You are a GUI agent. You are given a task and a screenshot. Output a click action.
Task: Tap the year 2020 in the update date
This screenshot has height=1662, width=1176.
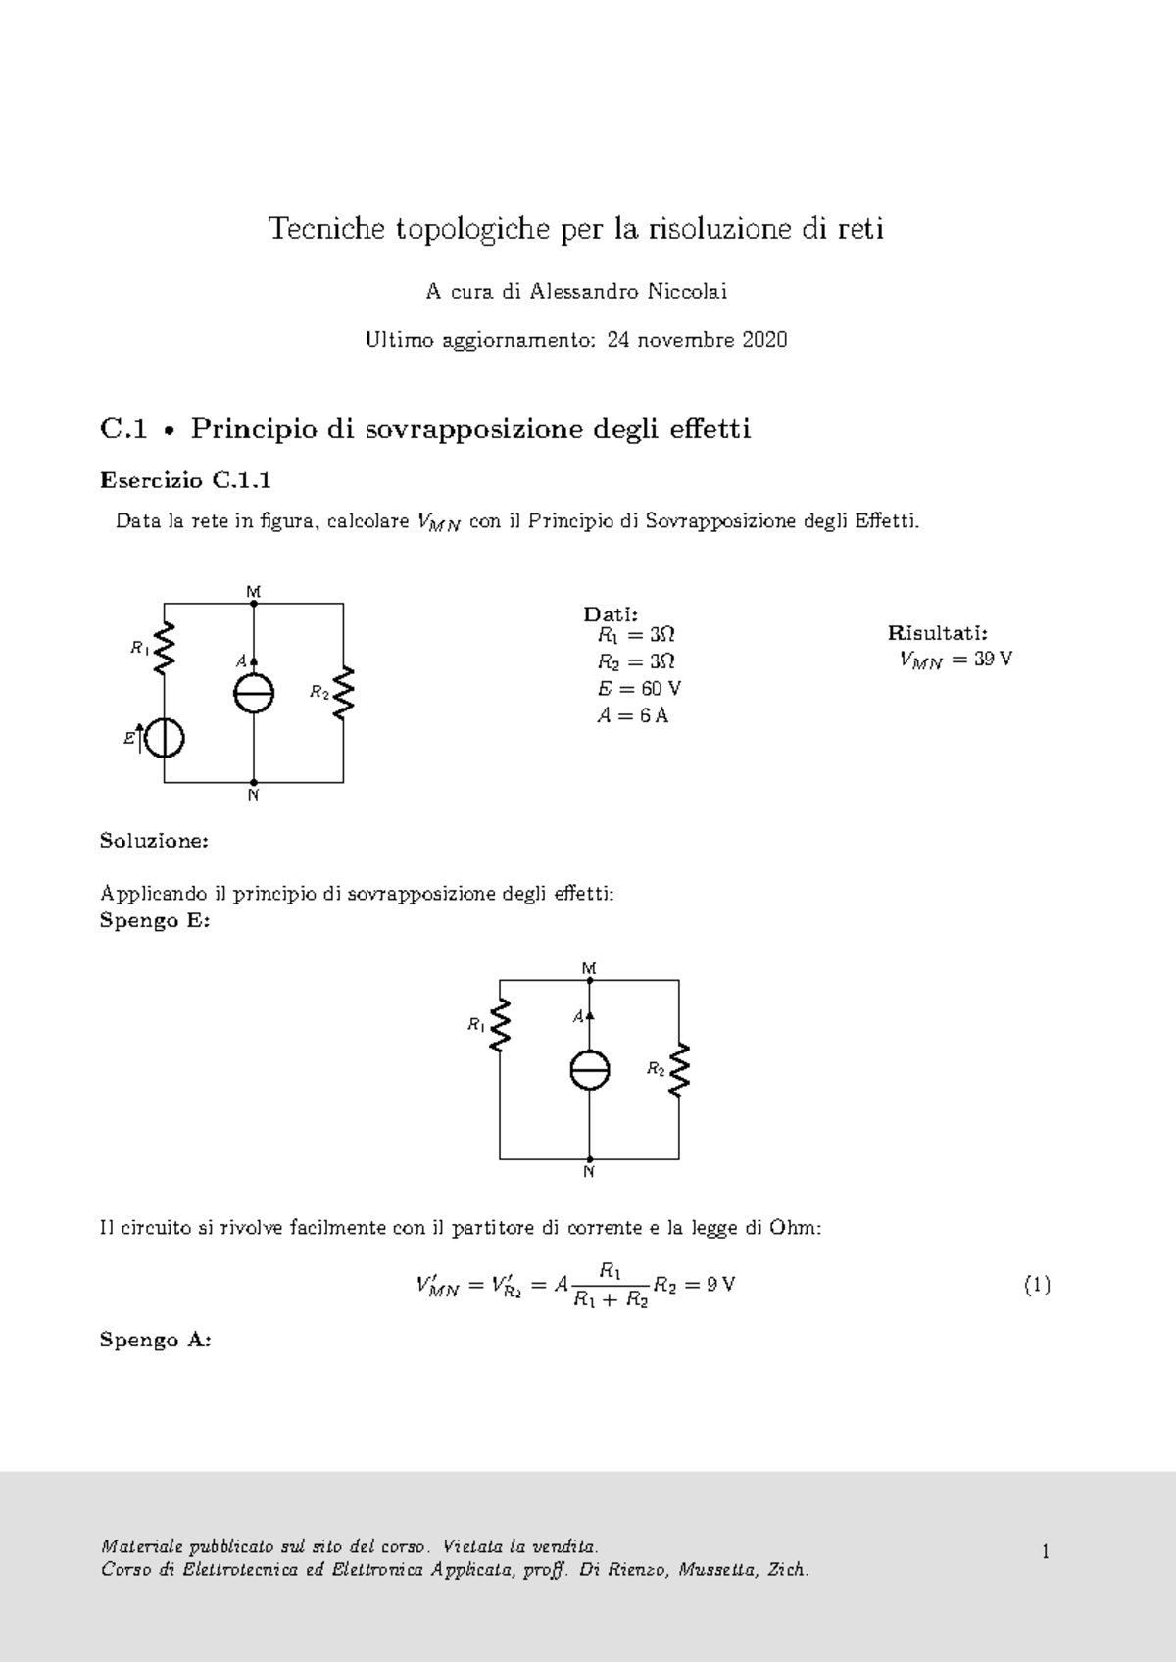point(764,340)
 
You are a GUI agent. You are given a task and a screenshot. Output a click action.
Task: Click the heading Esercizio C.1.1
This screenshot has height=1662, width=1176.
point(185,480)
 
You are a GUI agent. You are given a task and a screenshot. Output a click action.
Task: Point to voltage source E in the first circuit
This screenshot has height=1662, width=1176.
point(164,738)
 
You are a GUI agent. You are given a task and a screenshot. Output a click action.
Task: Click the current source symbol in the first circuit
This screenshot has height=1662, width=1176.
point(253,695)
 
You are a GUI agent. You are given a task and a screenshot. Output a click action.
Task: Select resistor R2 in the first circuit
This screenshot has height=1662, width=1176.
point(342,693)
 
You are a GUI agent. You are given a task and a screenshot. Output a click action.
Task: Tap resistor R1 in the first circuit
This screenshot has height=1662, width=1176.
point(164,648)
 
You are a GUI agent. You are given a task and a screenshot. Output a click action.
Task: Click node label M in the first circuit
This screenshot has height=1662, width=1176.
point(253,591)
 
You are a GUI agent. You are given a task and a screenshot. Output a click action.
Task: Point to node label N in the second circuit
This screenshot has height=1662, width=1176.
point(589,1172)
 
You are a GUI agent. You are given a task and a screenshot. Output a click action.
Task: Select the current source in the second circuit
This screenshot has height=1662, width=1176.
point(590,1070)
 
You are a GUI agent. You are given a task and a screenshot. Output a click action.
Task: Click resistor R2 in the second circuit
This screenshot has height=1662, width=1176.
point(679,1069)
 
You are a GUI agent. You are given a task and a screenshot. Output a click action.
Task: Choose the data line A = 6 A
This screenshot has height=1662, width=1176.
point(632,715)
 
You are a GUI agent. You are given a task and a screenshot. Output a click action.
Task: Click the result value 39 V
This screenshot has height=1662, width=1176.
point(993,659)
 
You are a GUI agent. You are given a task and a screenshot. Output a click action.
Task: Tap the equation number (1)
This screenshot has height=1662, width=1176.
point(1037,1285)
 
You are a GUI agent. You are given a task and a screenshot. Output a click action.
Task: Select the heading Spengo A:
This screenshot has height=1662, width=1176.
point(155,1340)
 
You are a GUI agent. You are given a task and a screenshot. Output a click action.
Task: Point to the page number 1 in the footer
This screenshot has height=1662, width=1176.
point(1046,1551)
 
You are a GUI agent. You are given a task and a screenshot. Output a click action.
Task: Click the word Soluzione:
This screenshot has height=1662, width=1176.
point(154,841)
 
